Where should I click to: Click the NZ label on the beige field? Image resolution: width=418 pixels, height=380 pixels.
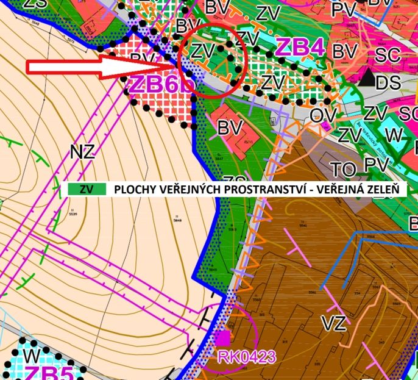coord(82,152)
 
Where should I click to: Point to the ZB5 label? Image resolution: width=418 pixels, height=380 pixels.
coord(48,372)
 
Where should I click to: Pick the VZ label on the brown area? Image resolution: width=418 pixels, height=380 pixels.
coord(333,323)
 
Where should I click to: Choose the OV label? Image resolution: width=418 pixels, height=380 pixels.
coord(324,114)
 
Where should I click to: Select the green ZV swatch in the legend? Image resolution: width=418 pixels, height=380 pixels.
coord(86,189)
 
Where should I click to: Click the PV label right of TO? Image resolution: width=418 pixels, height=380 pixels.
coord(377,165)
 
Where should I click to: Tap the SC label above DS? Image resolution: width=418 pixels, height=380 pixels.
coord(388,55)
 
